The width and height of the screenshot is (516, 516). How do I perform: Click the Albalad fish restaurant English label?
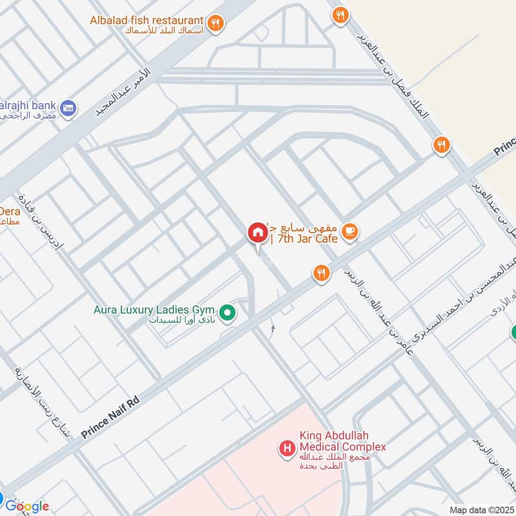click(147, 20)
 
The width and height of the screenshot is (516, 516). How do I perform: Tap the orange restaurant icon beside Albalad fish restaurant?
click(216, 22)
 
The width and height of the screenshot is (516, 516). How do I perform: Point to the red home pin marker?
click(257, 233)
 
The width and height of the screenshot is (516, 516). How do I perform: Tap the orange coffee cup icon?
click(349, 231)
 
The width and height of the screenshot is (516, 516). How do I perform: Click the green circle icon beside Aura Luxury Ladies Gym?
click(227, 314)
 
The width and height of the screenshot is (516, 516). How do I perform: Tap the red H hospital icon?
click(286, 447)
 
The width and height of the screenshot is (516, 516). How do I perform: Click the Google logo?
click(27, 506)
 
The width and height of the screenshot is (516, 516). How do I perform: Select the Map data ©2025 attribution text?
click(481, 510)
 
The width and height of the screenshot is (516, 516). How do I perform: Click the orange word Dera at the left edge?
click(10, 210)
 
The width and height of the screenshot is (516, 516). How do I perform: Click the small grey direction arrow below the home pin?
click(273, 329)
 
